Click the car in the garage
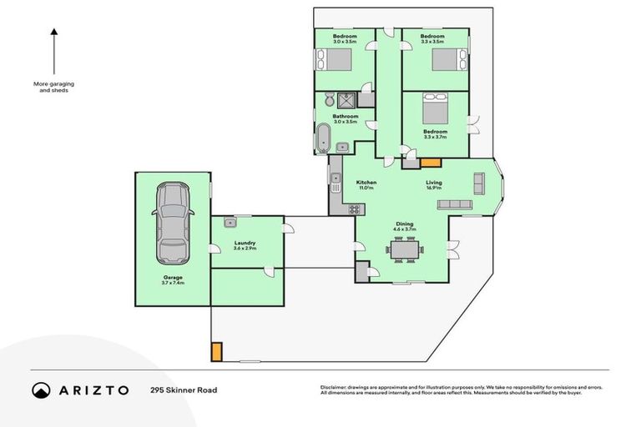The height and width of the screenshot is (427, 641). point(173,223)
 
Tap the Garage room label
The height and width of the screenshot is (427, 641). point(173,279)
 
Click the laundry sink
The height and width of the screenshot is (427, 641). point(230,222)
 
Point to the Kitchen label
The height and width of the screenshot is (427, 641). point(366,183)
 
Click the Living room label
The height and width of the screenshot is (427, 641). point(434,183)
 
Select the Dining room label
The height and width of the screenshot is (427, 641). point(405,224)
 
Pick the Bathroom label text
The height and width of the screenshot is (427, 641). point(346,116)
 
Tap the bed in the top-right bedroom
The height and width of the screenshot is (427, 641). point(447,60)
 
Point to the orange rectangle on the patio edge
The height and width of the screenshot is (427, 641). point(217,352)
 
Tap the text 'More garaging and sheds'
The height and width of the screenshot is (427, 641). point(51,87)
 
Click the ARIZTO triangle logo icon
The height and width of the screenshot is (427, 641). point(41,389)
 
